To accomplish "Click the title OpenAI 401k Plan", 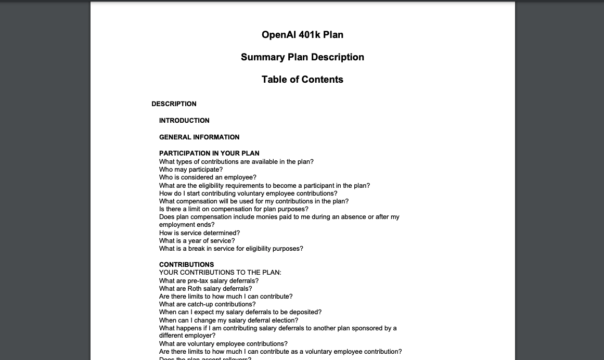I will [302, 35].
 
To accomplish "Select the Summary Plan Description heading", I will [302, 57].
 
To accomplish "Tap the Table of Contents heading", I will [302, 80].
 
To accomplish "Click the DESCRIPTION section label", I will [174, 104].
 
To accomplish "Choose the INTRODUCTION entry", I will [184, 121].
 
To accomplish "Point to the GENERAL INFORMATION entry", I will [199, 137].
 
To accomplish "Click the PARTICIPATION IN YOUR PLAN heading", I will [209, 153].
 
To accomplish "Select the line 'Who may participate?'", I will [191, 170].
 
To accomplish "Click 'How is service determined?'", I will [199, 233].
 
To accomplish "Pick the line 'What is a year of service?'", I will [197, 241].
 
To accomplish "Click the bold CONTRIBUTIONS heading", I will [186, 265].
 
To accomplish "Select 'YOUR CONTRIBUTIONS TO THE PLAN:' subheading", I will [220, 273].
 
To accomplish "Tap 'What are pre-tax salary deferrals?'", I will [209, 281].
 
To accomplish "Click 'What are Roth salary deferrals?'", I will [205, 289].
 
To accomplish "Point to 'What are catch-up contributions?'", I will [207, 304].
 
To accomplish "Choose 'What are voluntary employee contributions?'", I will [223, 344].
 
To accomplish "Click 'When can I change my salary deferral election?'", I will [228, 320].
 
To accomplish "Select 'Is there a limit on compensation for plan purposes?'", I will [234, 209].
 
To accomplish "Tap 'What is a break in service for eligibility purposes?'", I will [231, 249].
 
